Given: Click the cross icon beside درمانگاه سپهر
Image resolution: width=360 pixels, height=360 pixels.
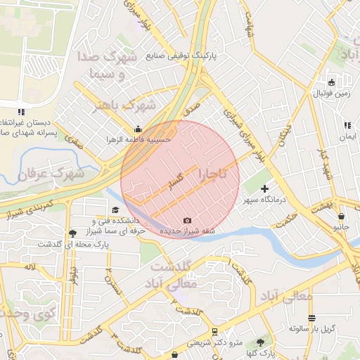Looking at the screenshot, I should click(264, 188).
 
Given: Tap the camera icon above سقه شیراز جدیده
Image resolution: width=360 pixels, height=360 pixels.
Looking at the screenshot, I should click(187, 221).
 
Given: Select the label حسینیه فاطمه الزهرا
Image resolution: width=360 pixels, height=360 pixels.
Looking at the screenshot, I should click(139, 139).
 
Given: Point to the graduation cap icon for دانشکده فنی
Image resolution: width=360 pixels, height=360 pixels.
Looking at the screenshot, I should click(115, 210).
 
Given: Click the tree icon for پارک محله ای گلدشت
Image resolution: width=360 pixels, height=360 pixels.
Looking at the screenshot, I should click(72, 233).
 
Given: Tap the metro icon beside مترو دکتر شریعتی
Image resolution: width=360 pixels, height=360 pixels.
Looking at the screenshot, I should click(214, 331).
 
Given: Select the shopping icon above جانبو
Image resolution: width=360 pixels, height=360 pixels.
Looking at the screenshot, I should click(341, 217).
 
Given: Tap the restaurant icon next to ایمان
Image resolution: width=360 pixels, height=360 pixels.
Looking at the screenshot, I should click(347, 126).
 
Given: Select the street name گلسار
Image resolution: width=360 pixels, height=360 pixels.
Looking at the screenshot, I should click(175, 183).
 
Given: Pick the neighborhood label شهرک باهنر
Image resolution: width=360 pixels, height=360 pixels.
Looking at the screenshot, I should click(127, 105).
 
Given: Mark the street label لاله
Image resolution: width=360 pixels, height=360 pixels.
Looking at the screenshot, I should click(29, 267).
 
